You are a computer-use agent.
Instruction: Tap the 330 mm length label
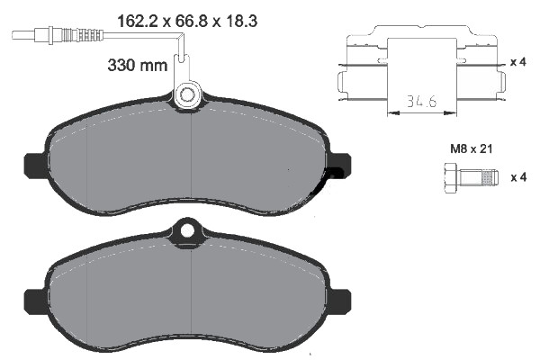click(138, 65)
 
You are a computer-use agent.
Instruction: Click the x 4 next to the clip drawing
click(517, 62)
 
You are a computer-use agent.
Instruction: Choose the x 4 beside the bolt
click(517, 177)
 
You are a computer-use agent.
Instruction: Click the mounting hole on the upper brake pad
click(189, 93)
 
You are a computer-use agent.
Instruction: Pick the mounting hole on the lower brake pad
click(187, 230)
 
